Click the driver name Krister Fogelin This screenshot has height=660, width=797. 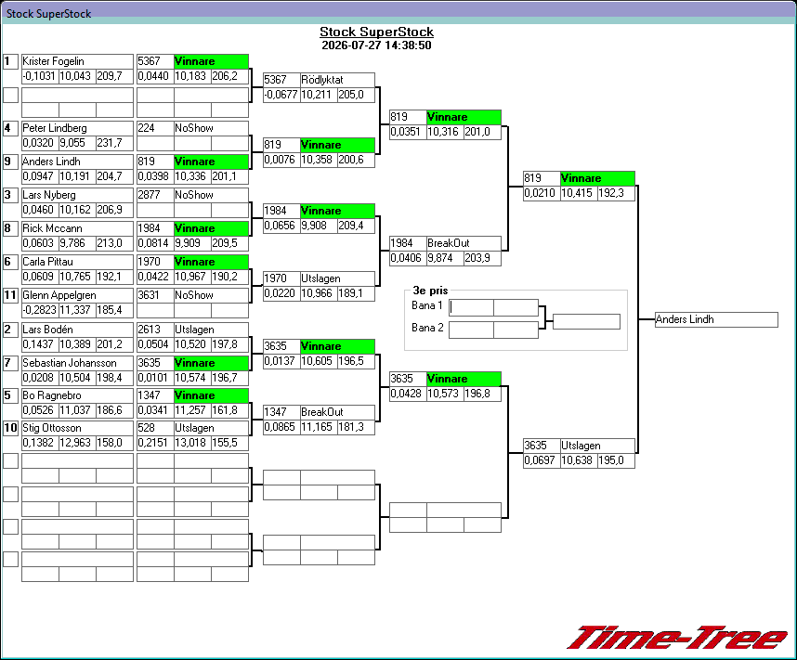coord(53,61)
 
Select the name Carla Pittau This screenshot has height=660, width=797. coord(47,262)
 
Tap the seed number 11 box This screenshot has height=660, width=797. coord(10,295)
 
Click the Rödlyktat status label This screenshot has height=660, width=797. coord(321,80)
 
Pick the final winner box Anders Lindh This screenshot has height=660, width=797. coord(716,319)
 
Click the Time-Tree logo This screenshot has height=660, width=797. coord(676,638)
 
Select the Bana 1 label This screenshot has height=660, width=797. coord(427,305)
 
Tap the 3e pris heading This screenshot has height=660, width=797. coord(430,291)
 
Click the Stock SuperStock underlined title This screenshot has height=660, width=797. coord(376,32)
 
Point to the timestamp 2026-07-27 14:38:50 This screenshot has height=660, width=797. coord(376,45)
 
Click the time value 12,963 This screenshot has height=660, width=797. coord(77,443)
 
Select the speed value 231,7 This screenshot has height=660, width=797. coord(110,143)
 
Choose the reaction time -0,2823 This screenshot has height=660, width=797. coord(40,310)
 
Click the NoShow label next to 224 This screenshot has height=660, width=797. coord(194,128)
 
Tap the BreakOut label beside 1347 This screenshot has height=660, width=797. coord(321,412)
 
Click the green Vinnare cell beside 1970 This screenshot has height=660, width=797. coord(211,262)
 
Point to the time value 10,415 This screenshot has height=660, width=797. coord(579,194)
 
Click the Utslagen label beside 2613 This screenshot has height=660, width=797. coord(194,330)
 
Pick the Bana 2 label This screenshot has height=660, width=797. coord(427,328)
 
